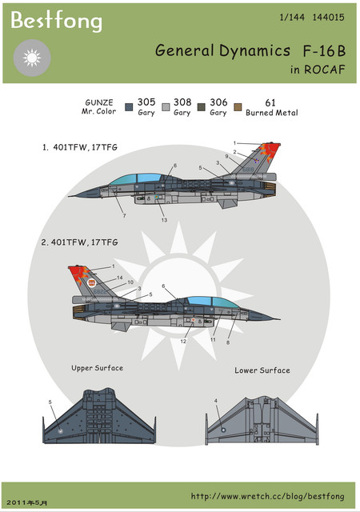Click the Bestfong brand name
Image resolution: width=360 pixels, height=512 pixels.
tap(56, 21)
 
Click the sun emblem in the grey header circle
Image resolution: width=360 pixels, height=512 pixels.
tap(32, 58)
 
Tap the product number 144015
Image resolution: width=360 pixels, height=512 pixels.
tap(328, 18)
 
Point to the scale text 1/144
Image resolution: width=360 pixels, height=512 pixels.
tap(292, 18)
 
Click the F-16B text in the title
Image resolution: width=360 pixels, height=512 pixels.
tap(324, 51)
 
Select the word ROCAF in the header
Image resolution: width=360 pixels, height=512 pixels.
tap(324, 70)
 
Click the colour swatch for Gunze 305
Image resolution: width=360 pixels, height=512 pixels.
tap(129, 107)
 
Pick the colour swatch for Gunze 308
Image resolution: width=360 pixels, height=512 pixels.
tap(166, 107)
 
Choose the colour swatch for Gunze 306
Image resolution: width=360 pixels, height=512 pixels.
tap(202, 107)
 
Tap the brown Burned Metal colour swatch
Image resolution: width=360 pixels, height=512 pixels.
tap(238, 107)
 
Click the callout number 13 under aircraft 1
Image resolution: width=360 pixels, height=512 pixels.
tap(164, 220)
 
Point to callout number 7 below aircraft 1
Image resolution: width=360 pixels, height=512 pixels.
tap(124, 215)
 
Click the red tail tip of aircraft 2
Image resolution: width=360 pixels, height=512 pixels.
tap(78, 274)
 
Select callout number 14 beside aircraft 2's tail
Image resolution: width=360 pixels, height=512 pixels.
tap(120, 278)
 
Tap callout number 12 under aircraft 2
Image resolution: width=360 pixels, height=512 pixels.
tap(183, 342)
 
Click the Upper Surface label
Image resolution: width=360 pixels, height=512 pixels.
tap(98, 368)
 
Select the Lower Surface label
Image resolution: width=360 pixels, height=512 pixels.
tap(262, 370)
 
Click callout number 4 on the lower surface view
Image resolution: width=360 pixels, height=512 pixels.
tap(216, 401)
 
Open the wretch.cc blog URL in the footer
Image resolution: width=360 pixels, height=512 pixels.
tap(267, 496)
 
